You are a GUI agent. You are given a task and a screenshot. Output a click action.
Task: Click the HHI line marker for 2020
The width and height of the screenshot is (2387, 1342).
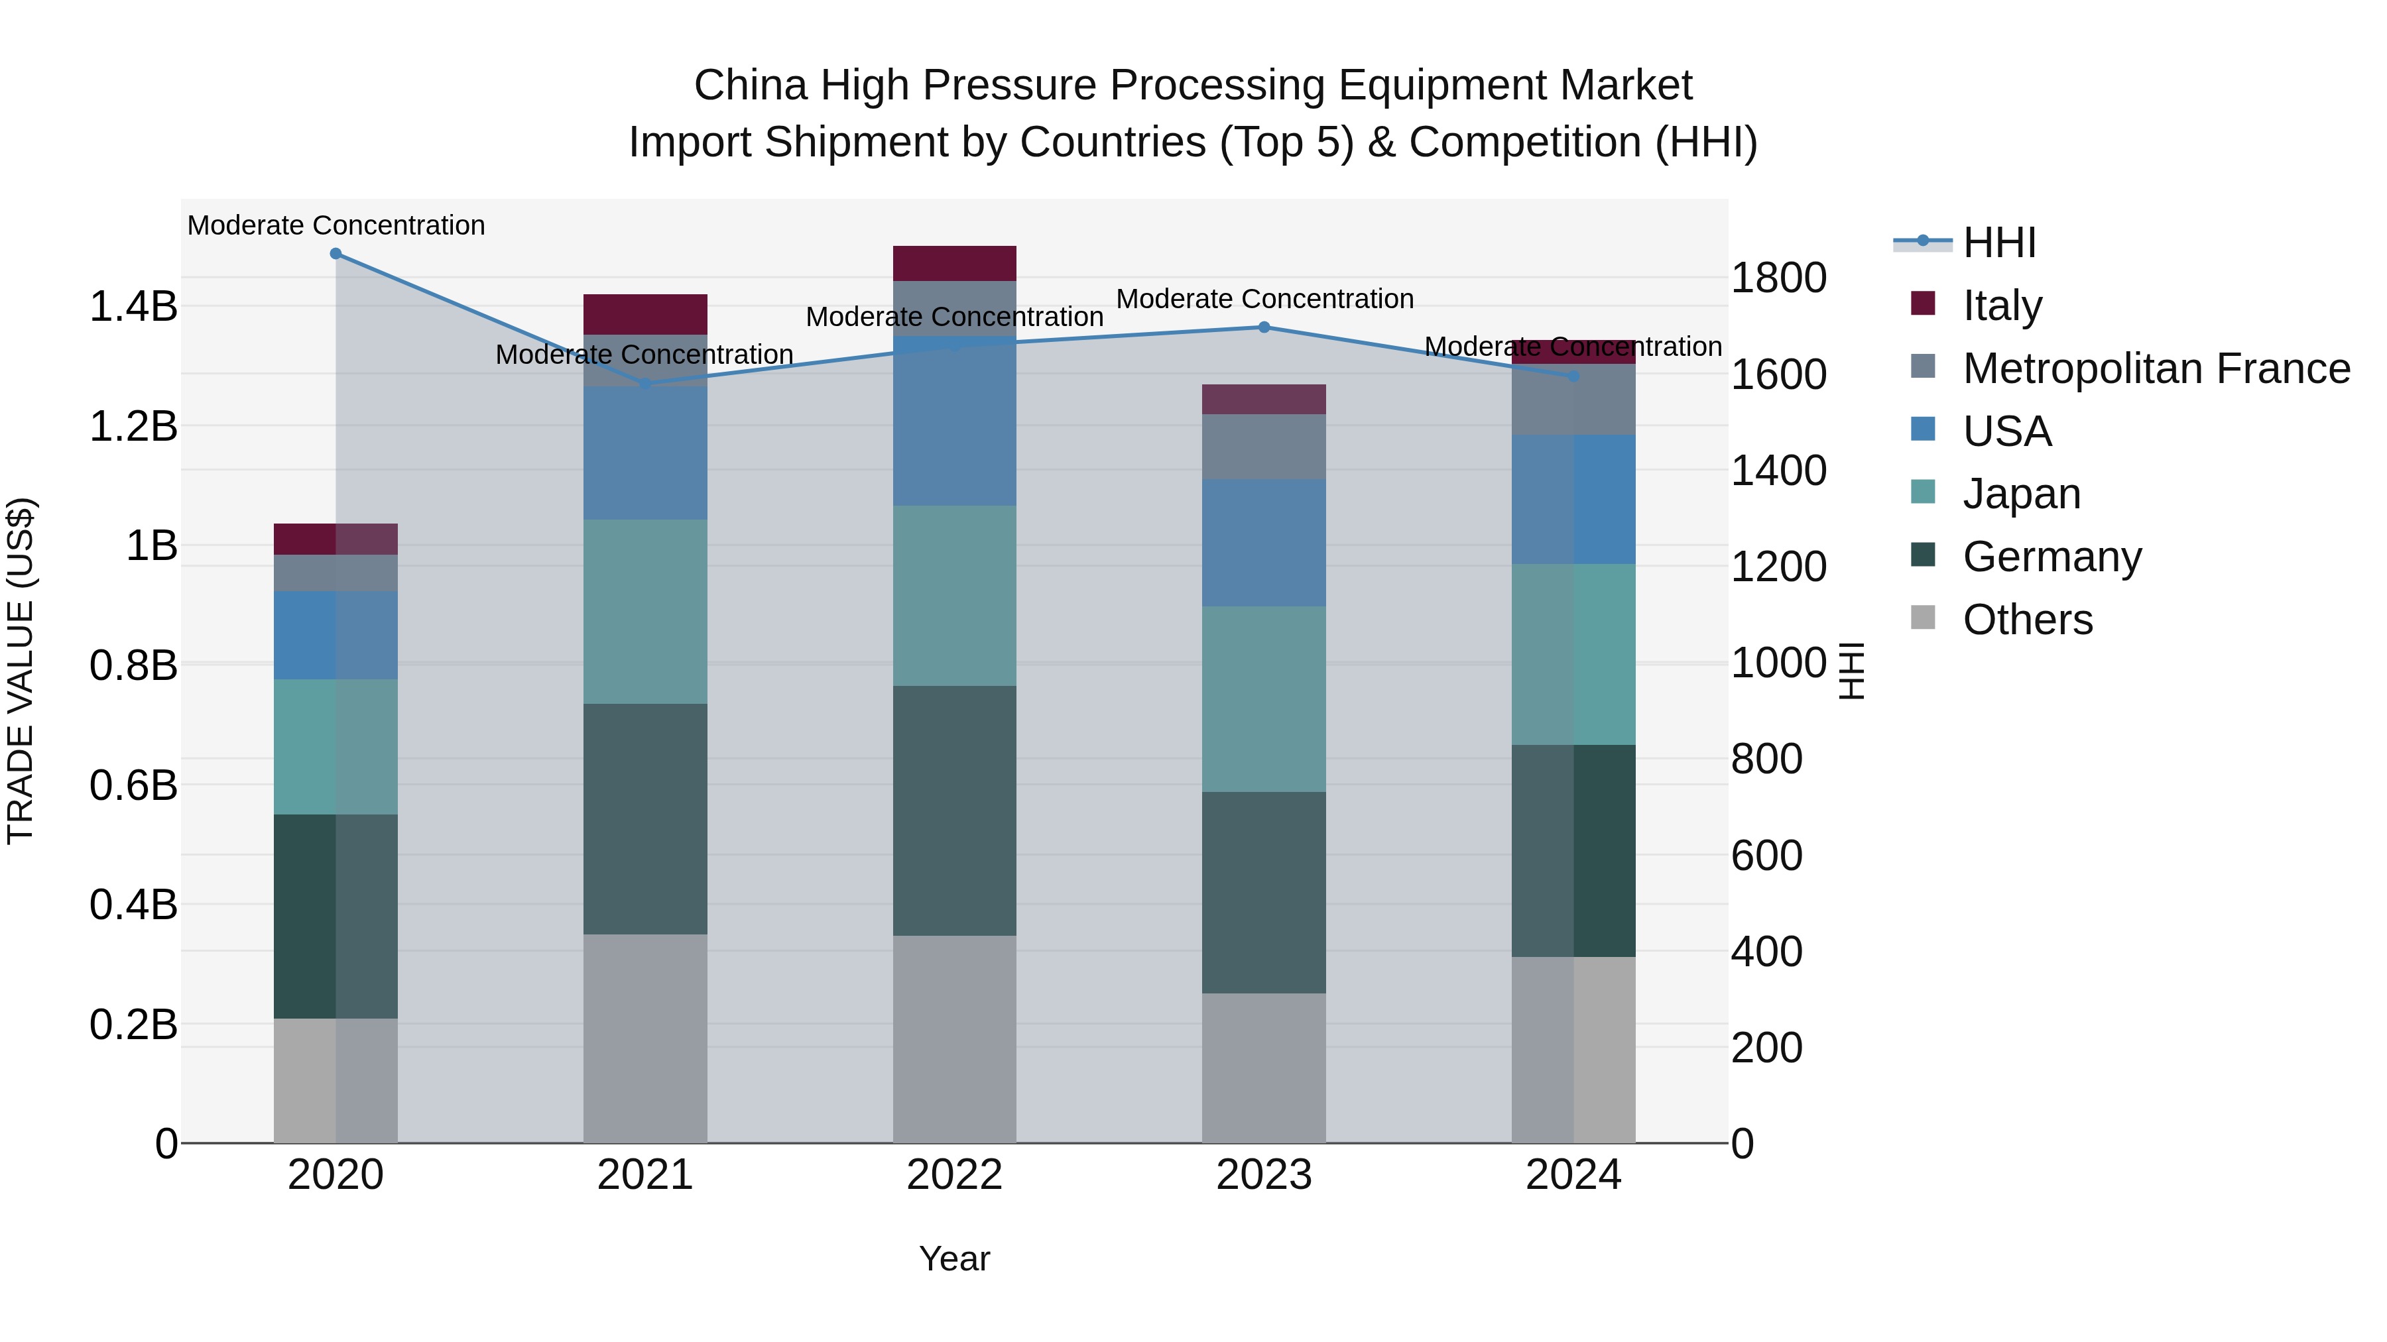coord(336,254)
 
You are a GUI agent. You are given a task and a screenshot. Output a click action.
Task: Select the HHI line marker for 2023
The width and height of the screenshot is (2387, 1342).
coord(1264,327)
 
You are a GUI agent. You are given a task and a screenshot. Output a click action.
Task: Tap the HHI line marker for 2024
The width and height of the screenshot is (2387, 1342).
coord(1573,376)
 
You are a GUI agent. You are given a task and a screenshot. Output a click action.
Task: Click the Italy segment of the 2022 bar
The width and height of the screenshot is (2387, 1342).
coord(954,263)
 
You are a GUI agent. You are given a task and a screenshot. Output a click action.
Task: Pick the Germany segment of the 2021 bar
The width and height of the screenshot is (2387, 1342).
coord(645,818)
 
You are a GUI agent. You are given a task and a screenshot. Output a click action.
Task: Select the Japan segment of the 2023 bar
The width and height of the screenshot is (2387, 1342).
coord(1264,699)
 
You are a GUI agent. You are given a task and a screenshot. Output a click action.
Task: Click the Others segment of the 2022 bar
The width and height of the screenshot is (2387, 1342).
coord(954,1039)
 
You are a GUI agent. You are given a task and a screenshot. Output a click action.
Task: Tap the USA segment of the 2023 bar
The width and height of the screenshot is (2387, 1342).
coord(1264,543)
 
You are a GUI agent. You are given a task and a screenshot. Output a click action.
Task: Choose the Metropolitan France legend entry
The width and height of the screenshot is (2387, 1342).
coord(2156,368)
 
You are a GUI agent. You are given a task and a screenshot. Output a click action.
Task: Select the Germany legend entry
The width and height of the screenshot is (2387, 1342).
coord(2051,557)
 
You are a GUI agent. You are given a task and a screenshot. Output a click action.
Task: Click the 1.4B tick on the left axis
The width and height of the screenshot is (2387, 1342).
coord(133,307)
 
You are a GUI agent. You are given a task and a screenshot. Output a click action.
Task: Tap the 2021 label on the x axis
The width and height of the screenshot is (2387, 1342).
coord(645,1175)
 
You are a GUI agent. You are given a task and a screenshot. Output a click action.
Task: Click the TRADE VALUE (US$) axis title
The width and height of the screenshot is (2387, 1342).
coord(21,671)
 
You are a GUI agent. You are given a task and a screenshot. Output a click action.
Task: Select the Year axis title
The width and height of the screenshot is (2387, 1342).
coord(954,1258)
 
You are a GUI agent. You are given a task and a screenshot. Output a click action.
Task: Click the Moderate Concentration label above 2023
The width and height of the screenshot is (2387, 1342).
coord(1264,299)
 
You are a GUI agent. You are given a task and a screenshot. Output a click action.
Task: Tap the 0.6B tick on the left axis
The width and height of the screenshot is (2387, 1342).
coord(133,785)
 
